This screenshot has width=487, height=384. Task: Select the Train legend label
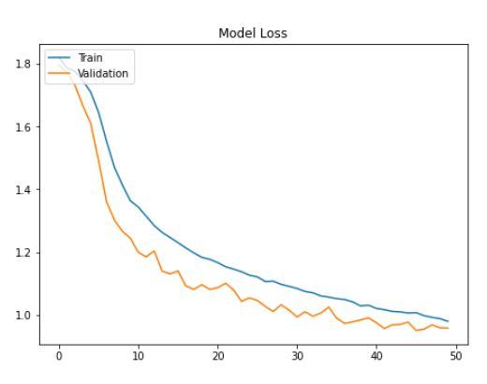[x=91, y=58]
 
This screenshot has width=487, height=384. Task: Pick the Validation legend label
[x=102, y=72]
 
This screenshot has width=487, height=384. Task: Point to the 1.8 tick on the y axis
[x=25, y=64]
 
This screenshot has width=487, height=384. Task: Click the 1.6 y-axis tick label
[x=25, y=126]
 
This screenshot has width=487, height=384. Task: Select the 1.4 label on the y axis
[x=25, y=189]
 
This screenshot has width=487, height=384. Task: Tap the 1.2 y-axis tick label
[x=25, y=252]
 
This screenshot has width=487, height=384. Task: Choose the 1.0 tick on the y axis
[x=25, y=315]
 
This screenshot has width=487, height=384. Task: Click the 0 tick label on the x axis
[x=59, y=356]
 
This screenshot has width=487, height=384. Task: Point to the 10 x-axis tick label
[x=138, y=356]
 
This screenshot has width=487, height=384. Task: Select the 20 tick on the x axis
[x=217, y=356]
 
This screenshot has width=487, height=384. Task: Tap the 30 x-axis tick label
[x=297, y=356]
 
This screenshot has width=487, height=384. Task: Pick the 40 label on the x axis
[x=376, y=356]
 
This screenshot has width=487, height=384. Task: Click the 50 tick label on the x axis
[x=456, y=356]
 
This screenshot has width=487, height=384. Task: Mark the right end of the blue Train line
[x=448, y=321]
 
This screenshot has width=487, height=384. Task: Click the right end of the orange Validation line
[x=448, y=328]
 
